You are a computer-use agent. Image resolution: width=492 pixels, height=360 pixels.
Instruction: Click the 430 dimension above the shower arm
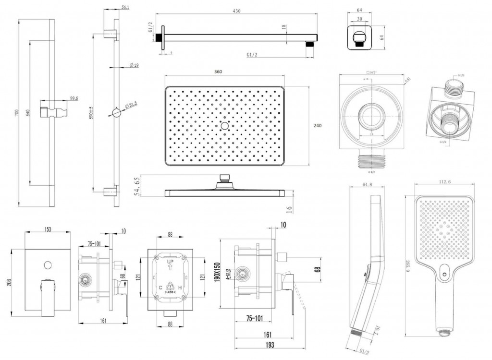236,11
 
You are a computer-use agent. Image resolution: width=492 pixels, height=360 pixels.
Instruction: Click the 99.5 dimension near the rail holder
74,98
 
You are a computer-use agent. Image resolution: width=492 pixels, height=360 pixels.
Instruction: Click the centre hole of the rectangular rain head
224,126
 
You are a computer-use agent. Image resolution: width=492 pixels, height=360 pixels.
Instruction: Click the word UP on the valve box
170,263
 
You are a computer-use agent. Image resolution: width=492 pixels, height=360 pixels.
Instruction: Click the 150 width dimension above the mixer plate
48,230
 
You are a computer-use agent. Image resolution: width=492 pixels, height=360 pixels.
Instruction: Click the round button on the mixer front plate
48,264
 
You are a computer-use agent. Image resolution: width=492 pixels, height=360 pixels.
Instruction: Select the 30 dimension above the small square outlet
360,20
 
